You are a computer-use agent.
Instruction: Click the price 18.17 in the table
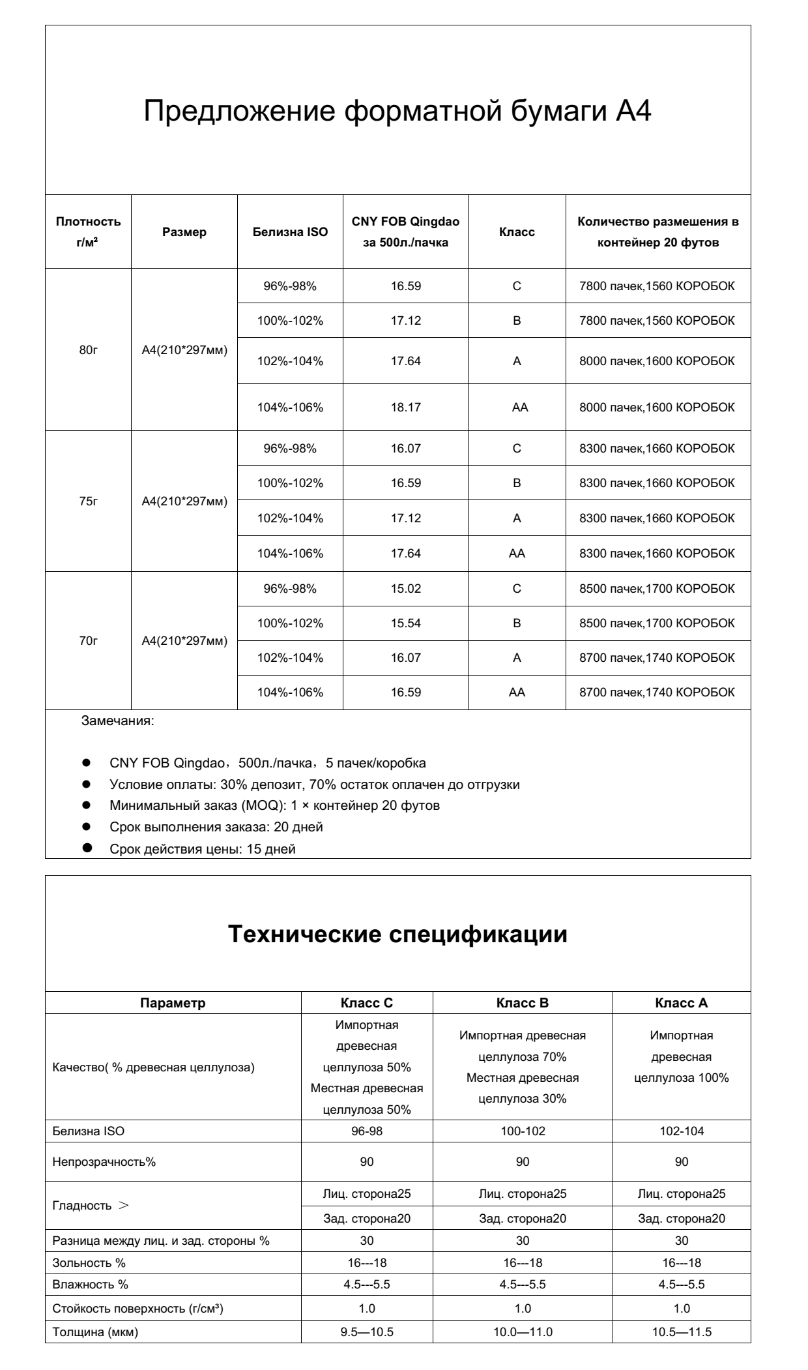click(x=405, y=408)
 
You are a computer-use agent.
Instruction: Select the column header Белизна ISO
click(x=290, y=232)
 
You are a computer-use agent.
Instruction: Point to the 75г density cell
click(x=88, y=501)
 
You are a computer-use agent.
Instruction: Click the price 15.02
click(x=405, y=589)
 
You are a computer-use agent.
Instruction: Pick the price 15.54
click(x=405, y=623)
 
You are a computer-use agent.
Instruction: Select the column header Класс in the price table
click(x=517, y=232)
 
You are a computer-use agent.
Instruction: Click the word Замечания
click(x=117, y=722)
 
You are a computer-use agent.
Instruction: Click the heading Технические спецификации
click(x=398, y=934)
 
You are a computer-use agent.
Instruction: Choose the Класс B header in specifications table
click(x=523, y=1004)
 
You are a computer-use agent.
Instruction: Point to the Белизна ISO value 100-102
click(x=523, y=1131)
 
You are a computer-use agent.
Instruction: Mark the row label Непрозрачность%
click(x=104, y=1162)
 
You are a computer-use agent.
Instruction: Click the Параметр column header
click(x=173, y=1004)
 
